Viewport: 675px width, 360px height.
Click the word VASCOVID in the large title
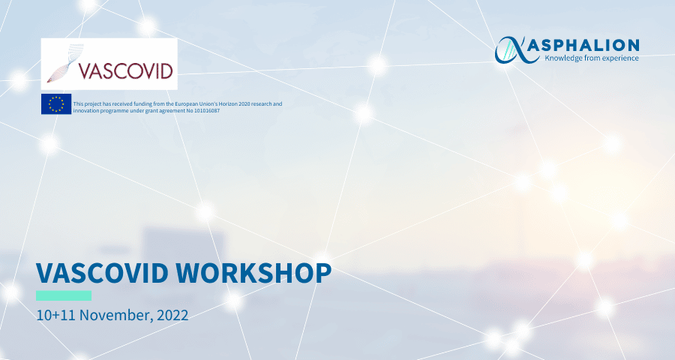(x=102, y=272)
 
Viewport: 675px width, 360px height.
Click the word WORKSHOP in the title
(x=253, y=272)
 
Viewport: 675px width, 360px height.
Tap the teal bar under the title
(x=64, y=295)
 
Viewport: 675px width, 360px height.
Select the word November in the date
(x=116, y=315)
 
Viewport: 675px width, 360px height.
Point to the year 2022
(x=172, y=315)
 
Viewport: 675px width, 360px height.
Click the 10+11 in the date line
(x=56, y=315)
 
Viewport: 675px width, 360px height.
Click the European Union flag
(x=56, y=104)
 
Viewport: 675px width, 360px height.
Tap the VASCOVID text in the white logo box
(x=125, y=70)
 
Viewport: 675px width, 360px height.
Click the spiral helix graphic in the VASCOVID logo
(x=65, y=63)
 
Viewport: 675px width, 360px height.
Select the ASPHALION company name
(x=583, y=45)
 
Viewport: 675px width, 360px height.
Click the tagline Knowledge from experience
(x=592, y=58)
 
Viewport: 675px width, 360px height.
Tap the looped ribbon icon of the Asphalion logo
(x=511, y=50)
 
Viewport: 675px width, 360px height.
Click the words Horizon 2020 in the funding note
(x=234, y=103)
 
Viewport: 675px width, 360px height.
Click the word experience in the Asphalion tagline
(x=620, y=58)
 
